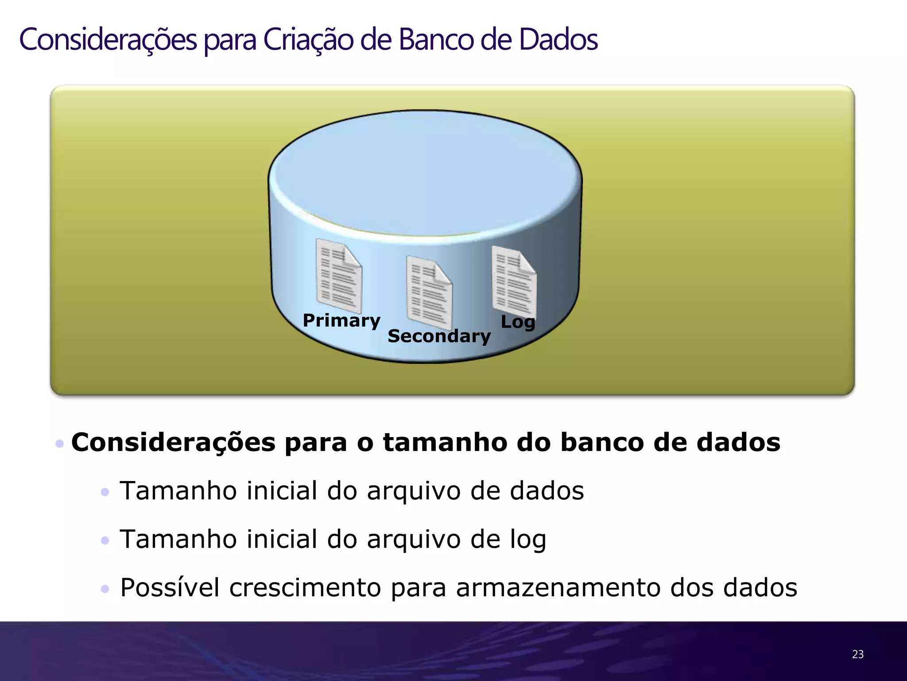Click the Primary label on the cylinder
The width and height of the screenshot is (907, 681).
341,321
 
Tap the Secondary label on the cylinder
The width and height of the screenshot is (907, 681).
439,336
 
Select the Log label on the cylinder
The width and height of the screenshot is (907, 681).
518,322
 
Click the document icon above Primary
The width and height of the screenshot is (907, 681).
339,276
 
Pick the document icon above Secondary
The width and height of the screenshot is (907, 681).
429,292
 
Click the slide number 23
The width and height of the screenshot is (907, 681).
857,654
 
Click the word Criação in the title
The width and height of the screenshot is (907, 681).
308,40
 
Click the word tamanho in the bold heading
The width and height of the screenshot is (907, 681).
445,442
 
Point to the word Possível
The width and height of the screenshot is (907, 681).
170,587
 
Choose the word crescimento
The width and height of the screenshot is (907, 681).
305,587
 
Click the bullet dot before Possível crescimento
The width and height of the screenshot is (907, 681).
105,589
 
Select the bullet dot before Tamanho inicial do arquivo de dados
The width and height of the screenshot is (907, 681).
105,492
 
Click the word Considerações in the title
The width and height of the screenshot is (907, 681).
108,40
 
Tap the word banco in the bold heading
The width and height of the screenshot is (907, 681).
602,442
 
